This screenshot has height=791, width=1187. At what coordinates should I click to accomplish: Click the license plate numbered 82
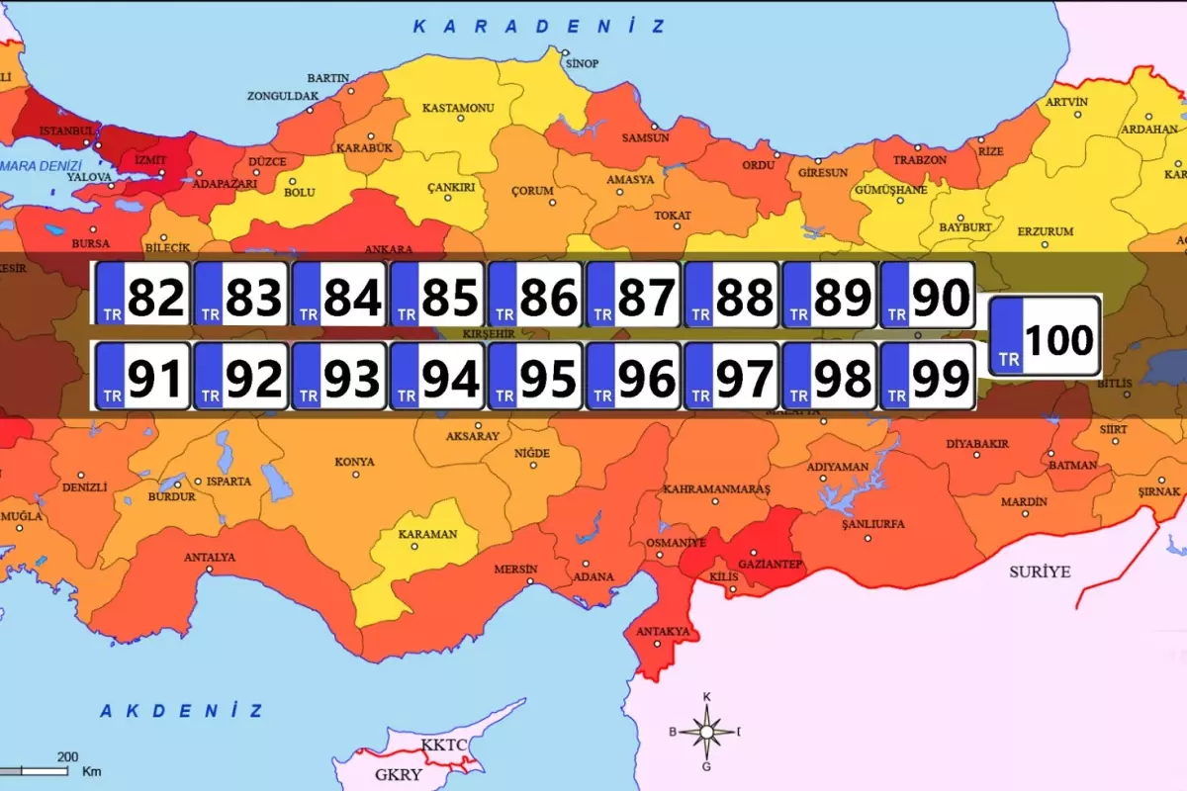pos(142,295)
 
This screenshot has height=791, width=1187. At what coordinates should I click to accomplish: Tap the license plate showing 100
pos(1045,336)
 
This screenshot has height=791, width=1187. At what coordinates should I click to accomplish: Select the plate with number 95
pos(535,376)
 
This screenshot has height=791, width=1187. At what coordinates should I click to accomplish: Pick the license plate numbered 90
pos(927,295)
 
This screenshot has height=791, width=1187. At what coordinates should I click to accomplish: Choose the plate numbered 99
pos(927,376)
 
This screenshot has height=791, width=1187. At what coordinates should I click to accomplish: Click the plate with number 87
pos(633,295)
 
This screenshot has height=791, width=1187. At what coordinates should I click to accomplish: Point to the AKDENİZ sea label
pos(182,711)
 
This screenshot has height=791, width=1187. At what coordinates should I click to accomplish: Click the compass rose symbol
pos(707,732)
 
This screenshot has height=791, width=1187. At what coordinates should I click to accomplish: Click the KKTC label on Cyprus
pos(442,744)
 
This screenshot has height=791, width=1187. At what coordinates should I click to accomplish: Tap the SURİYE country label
pos(1040,571)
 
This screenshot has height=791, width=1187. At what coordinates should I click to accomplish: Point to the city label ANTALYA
pos(210,558)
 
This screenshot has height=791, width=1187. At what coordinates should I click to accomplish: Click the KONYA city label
pos(354,462)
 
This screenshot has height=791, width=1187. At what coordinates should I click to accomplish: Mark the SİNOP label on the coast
pos(582,63)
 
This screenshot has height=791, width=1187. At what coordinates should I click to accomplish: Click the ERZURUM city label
pos(1046,231)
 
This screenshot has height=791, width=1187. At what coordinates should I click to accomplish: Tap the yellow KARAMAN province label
pos(427,534)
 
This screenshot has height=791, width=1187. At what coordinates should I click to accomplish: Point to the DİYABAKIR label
pos(977,444)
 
